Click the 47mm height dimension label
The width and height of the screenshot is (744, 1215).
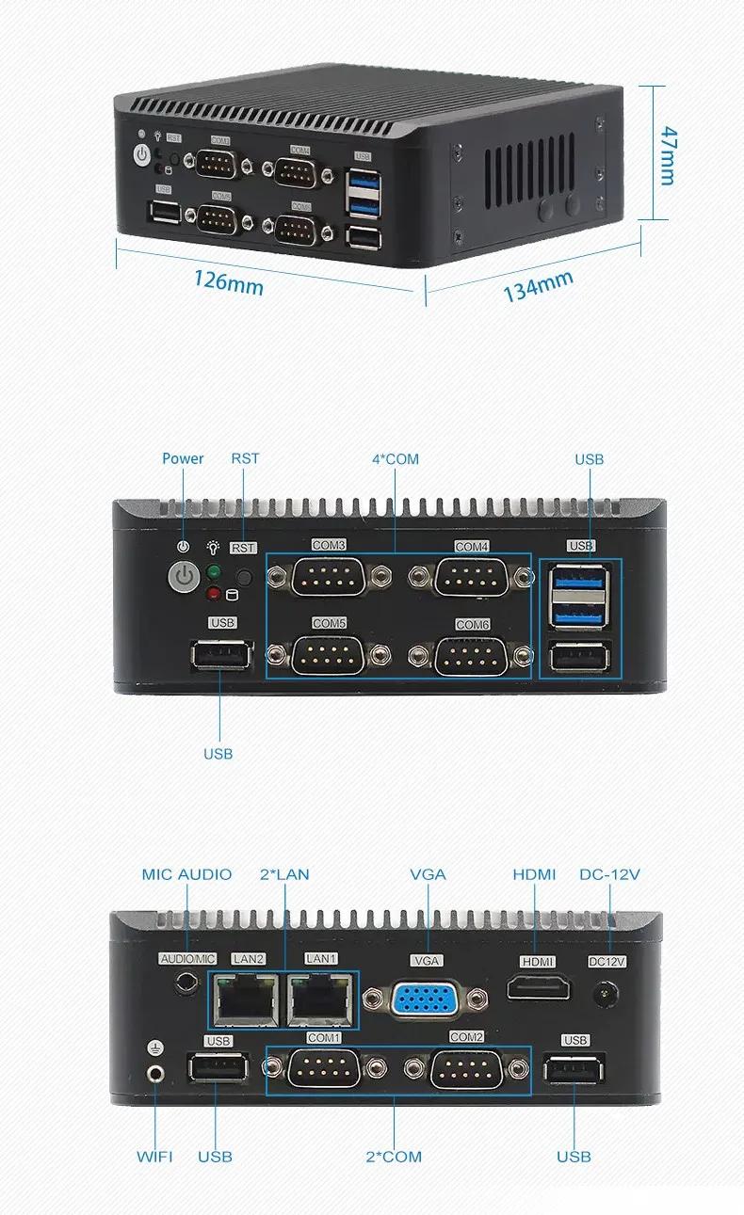(x=668, y=154)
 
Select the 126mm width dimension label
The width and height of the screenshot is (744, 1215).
(x=228, y=280)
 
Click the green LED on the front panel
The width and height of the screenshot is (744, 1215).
(x=214, y=572)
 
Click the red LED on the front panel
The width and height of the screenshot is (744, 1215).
(x=214, y=593)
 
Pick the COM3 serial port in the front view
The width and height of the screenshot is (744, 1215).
(x=328, y=577)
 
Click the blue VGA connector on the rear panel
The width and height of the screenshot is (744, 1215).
(x=425, y=999)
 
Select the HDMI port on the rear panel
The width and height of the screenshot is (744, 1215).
(x=539, y=988)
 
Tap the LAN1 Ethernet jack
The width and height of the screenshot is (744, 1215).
(x=320, y=999)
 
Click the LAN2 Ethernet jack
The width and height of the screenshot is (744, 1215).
(x=248, y=999)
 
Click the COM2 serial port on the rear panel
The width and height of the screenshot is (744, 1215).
(x=466, y=1069)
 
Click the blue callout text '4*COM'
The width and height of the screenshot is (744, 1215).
(x=396, y=459)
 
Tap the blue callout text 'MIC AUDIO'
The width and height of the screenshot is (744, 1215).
(x=186, y=874)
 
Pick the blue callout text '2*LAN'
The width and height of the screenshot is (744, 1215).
(x=284, y=874)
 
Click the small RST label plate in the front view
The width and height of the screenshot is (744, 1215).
(x=243, y=548)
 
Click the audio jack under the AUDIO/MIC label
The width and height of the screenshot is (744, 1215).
(x=188, y=984)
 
